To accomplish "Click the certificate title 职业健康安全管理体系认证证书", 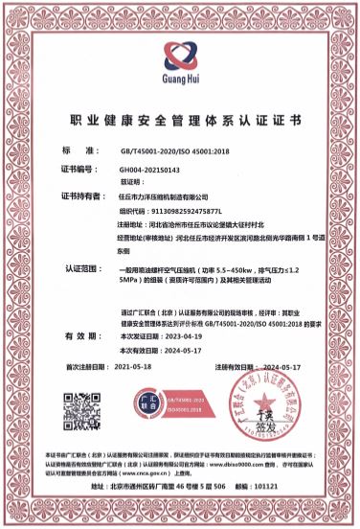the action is click(x=180, y=122).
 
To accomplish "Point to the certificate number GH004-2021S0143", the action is click(x=144, y=168).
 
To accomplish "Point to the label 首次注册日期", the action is click(x=87, y=367).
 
